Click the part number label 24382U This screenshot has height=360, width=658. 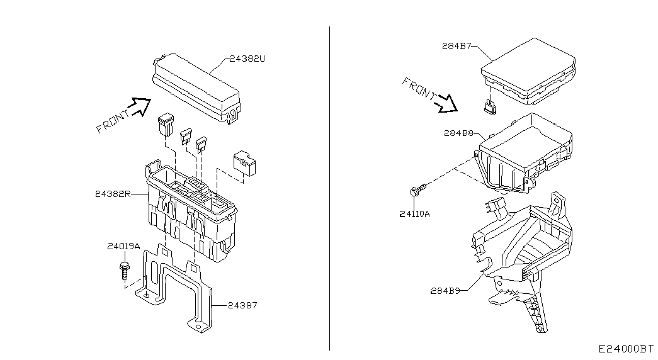pos(247,59)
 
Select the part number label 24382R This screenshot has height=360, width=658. pos(113,194)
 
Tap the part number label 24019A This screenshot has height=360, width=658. pos(123,246)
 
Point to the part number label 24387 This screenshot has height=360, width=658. pos(242,305)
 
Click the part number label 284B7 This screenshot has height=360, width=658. pos(457,46)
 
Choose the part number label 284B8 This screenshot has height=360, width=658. pos(458,133)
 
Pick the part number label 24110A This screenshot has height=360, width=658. pos(414,214)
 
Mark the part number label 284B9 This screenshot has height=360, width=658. pos(445,290)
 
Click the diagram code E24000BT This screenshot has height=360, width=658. pos(626,349)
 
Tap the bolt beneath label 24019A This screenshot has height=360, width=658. pos(125,269)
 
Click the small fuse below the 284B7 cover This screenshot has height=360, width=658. pos(490,106)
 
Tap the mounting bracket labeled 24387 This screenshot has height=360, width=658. pos(176,290)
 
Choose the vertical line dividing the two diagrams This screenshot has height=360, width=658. pos(329,188)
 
